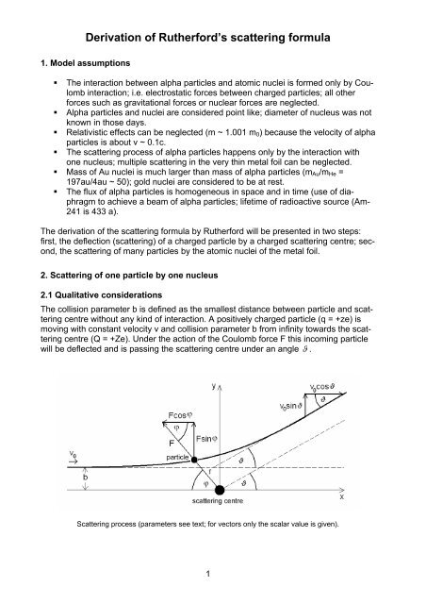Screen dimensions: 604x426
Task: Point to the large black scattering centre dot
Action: point(220,489)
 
